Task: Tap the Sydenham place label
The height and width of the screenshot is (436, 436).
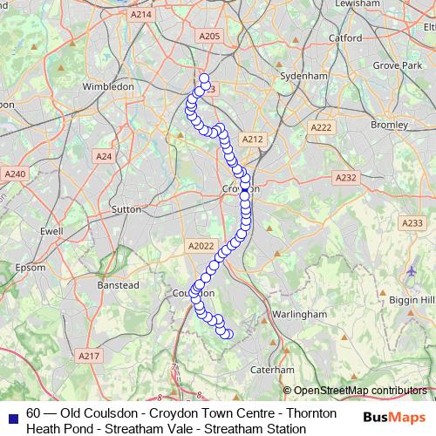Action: tap(303, 76)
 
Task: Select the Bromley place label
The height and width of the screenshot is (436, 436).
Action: tap(389, 125)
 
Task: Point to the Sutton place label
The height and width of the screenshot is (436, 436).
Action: tap(126, 209)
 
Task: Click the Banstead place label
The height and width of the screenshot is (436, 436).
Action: tap(117, 285)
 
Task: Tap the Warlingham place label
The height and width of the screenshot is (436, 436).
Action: tap(299, 314)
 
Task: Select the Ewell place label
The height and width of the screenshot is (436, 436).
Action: tap(51, 232)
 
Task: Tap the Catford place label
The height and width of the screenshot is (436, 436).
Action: tap(345, 38)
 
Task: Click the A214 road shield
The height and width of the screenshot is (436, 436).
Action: tap(140, 15)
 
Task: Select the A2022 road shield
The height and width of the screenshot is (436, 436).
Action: tap(200, 247)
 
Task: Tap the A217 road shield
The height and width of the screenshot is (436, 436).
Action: tap(89, 356)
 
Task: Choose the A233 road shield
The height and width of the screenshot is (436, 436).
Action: tap(412, 224)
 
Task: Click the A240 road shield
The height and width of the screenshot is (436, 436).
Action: tap(16, 174)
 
